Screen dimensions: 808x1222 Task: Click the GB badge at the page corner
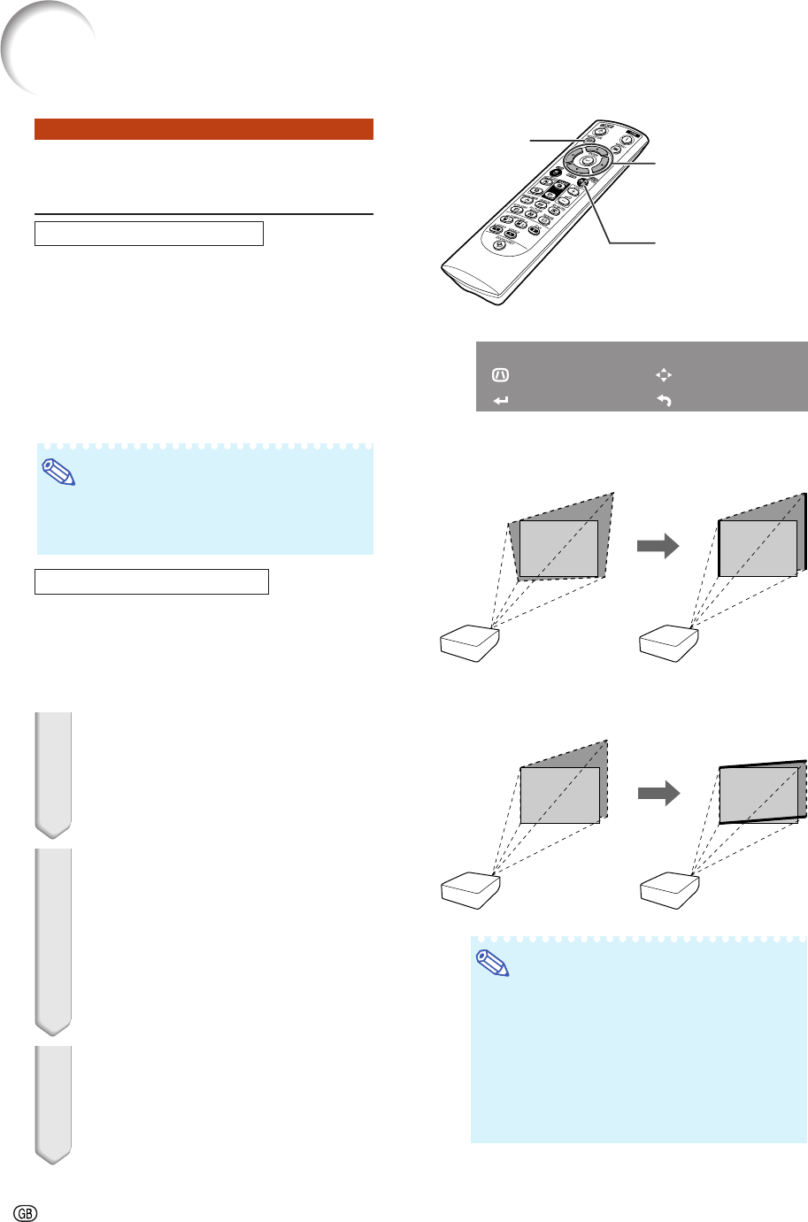pyautogui.click(x=26, y=1211)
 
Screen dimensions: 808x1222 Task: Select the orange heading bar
pyautogui.click(x=204, y=129)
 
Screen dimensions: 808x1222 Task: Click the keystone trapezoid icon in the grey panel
pyautogui.click(x=501, y=375)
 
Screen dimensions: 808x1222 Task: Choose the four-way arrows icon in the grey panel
pyautogui.click(x=664, y=375)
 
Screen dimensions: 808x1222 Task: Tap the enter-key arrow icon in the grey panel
pyautogui.click(x=501, y=401)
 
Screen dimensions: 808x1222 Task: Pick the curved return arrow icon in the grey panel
pyautogui.click(x=664, y=401)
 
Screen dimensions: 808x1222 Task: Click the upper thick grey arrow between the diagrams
pyautogui.click(x=657, y=547)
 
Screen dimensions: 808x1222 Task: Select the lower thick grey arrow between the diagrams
pyautogui.click(x=657, y=793)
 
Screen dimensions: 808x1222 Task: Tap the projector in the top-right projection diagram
pyautogui.click(x=671, y=643)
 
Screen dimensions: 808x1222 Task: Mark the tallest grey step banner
pyautogui.click(x=52, y=941)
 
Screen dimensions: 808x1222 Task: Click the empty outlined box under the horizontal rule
pyautogui.click(x=149, y=234)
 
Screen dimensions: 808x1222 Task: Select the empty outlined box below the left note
pyautogui.click(x=151, y=581)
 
